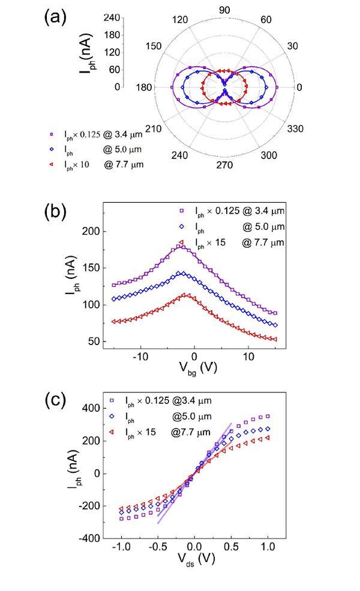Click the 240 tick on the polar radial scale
coord(113,17)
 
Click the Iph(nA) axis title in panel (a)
coord(86,52)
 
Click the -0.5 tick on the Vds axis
coord(157,547)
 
